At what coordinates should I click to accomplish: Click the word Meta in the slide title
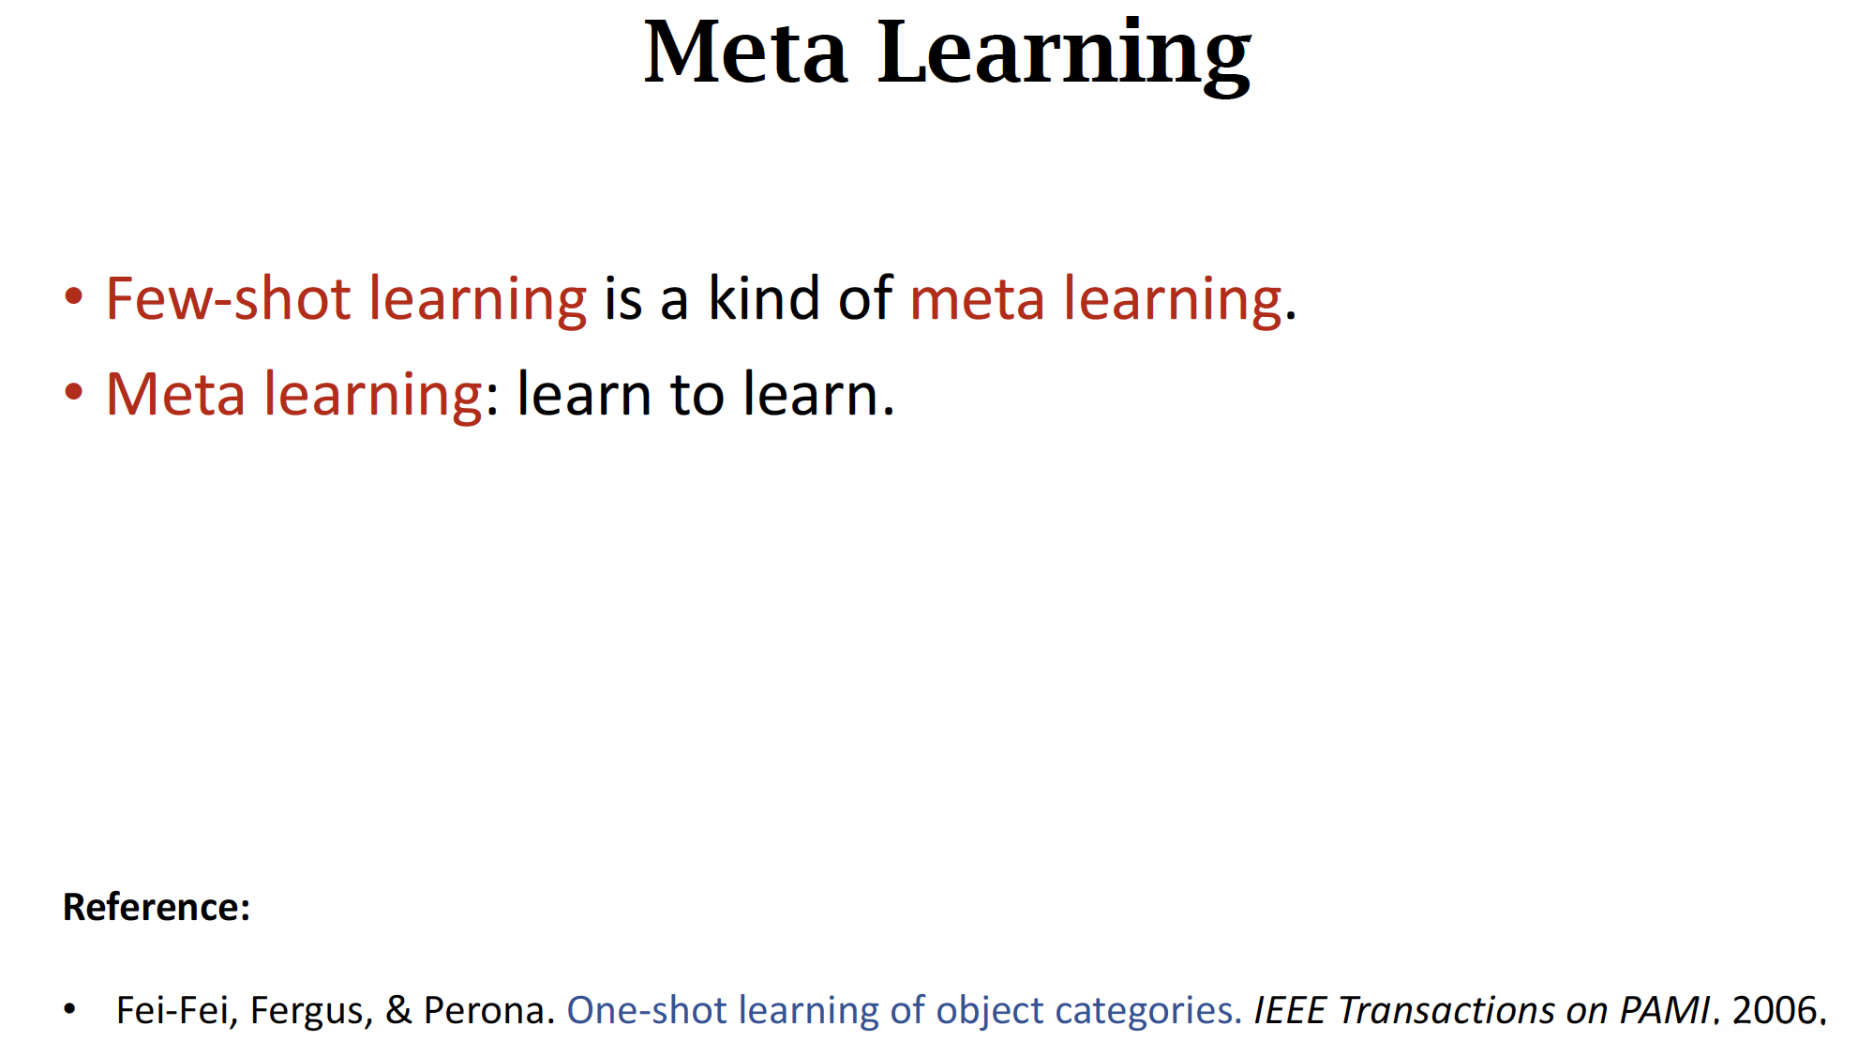(x=746, y=53)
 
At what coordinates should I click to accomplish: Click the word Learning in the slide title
(x=1064, y=56)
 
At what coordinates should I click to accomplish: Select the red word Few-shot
(x=228, y=298)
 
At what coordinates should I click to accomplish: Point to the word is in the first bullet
(x=623, y=299)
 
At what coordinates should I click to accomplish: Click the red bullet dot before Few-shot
(x=74, y=297)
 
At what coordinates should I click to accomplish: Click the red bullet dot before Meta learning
(x=74, y=392)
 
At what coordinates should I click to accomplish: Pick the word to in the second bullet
(x=697, y=395)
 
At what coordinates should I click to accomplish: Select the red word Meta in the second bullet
(x=175, y=394)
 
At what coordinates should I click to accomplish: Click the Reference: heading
(x=157, y=907)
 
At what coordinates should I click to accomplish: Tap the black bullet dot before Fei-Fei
(x=69, y=1009)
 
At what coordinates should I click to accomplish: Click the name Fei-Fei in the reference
(x=172, y=1010)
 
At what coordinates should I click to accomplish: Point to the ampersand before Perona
(x=398, y=1010)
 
